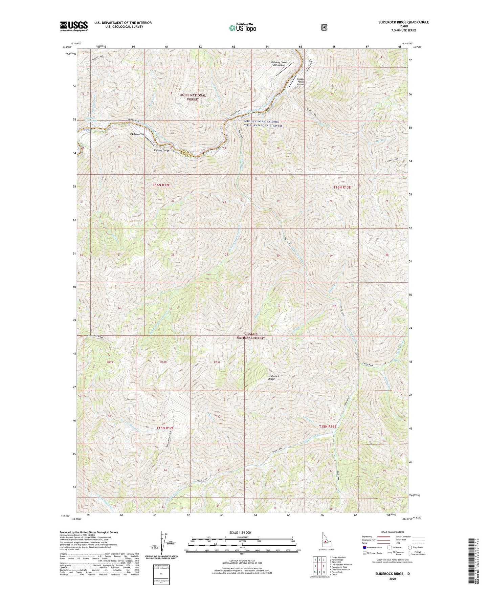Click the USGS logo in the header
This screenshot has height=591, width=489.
pyautogui.click(x=74, y=26)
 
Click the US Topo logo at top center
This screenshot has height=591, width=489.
pyautogui.click(x=242, y=27)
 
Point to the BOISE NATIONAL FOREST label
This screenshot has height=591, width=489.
pyautogui.click(x=193, y=97)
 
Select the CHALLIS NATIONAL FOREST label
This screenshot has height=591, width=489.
pyautogui.click(x=251, y=336)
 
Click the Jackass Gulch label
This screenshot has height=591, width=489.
pyautogui.click(x=162, y=150)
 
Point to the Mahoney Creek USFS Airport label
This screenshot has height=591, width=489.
pyautogui.click(x=279, y=64)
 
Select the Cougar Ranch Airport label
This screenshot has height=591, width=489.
pyautogui.click(x=301, y=82)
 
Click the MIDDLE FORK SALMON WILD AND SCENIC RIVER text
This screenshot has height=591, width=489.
pyautogui.click(x=263, y=124)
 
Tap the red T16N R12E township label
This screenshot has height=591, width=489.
pyautogui.click(x=161, y=185)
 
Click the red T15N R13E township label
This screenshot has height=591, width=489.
pyautogui.click(x=328, y=426)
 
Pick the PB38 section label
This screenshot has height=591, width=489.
pyautogui.click(x=163, y=362)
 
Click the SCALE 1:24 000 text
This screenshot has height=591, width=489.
pyautogui.click(x=240, y=532)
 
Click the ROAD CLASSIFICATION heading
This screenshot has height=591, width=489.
pyautogui.click(x=392, y=532)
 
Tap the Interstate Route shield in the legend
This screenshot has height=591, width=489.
pyautogui.click(x=364, y=547)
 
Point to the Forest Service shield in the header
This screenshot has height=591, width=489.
pyautogui.click(x=324, y=27)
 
